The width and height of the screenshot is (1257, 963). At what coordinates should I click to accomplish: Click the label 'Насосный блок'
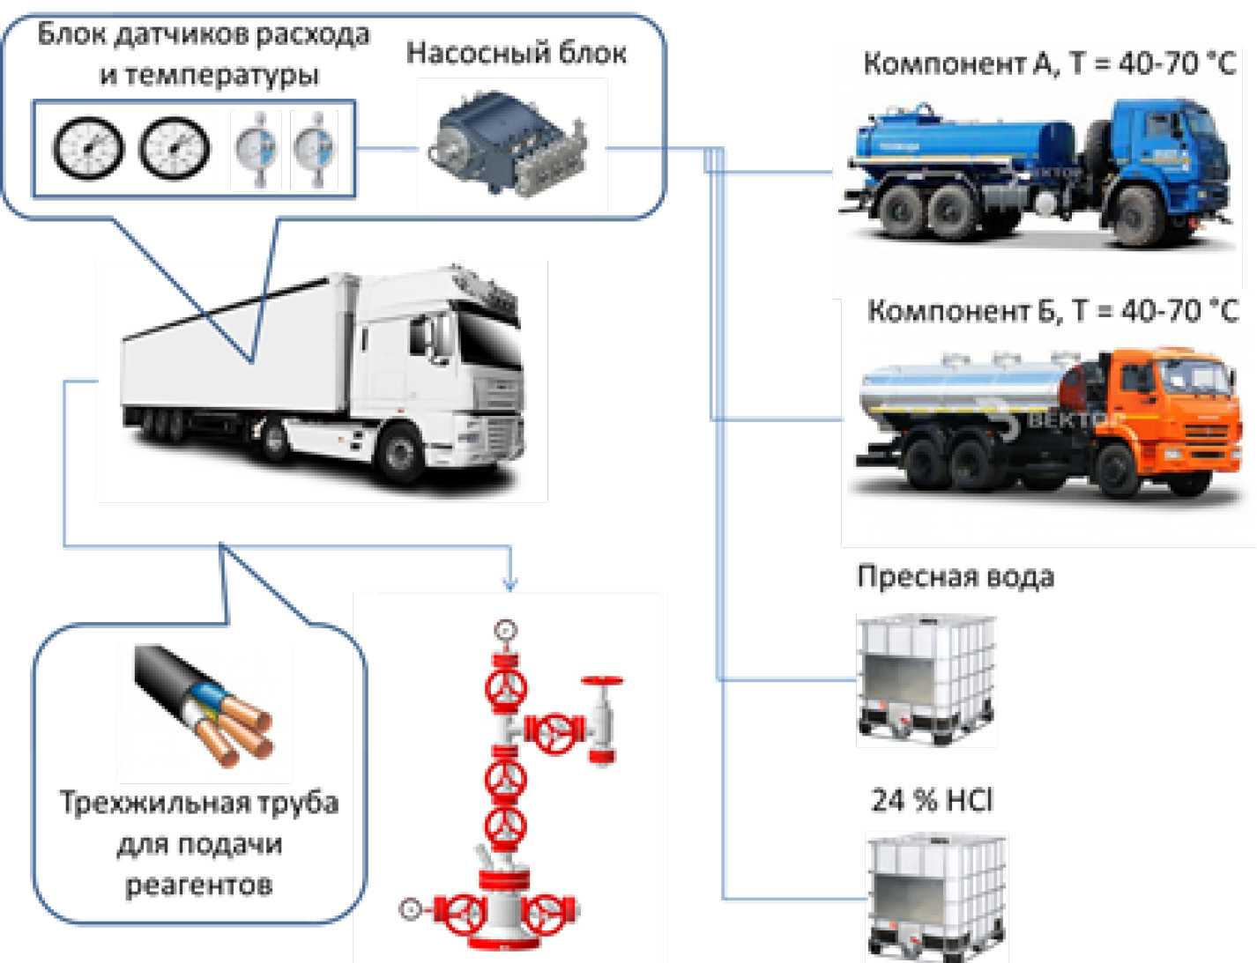[516, 53]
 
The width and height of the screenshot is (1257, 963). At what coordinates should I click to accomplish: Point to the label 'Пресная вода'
[956, 576]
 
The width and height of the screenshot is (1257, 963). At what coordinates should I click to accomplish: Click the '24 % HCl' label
[932, 800]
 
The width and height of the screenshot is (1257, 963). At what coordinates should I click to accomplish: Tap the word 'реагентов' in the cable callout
[199, 884]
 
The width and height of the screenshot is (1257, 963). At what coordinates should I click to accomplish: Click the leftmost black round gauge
[87, 148]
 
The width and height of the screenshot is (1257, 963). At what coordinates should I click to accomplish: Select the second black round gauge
[175, 148]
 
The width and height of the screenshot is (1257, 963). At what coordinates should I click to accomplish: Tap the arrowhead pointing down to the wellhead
[509, 583]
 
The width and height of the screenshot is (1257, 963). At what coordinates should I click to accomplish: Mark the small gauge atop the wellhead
[505, 630]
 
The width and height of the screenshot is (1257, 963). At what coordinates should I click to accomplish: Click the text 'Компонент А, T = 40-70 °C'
[1049, 63]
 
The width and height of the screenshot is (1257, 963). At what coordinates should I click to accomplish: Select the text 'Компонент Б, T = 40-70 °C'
[1052, 311]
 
